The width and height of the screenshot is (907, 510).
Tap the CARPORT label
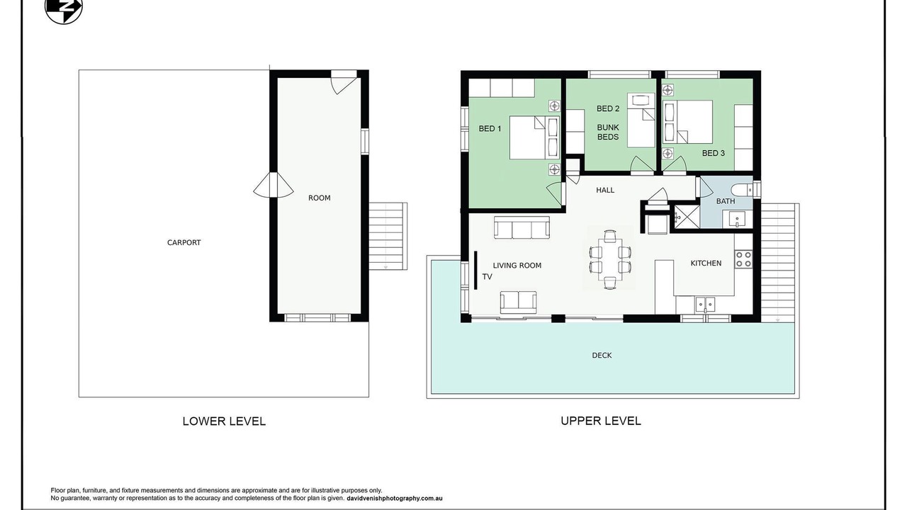point(184,242)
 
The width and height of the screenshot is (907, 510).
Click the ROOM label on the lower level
point(319,198)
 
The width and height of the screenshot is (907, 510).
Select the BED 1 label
point(490,129)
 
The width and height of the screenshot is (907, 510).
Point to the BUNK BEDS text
point(608,132)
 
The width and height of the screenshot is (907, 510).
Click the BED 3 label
point(714,153)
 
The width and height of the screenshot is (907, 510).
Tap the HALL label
point(605,190)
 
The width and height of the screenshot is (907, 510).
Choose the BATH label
point(726,201)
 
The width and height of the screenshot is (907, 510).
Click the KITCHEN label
point(706,263)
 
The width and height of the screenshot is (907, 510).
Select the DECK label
point(602,356)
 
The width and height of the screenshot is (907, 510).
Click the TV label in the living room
point(487,277)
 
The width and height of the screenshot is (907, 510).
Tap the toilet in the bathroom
point(742,189)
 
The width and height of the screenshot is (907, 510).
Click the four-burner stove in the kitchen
point(743,259)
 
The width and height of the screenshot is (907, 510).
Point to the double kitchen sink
point(705,305)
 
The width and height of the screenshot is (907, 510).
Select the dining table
point(610,259)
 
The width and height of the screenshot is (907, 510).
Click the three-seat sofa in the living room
point(522,227)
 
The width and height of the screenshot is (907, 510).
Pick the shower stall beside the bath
point(684,218)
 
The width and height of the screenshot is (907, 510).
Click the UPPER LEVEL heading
point(600,421)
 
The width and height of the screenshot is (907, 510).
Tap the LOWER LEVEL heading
point(224,421)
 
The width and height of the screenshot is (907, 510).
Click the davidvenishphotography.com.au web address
point(395,499)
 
